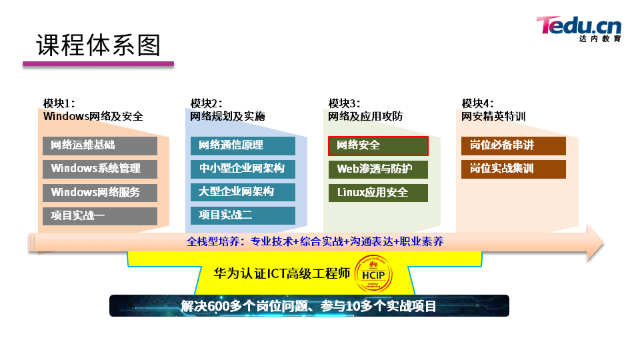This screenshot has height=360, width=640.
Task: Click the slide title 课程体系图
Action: (99, 45)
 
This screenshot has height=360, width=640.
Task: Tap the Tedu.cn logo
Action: (579, 29)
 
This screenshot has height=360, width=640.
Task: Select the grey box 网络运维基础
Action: (100, 146)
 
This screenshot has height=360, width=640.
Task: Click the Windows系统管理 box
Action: (100, 169)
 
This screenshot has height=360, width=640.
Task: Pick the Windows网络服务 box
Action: (100, 193)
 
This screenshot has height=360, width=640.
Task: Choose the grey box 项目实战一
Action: (100, 216)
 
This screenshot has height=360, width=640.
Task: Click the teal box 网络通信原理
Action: (243, 146)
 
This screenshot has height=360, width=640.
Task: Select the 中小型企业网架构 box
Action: (243, 169)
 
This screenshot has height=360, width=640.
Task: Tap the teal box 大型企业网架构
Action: (243, 192)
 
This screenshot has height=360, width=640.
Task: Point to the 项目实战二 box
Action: (243, 215)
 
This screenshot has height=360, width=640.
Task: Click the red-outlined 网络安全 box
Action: (379, 146)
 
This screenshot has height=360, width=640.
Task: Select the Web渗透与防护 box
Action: (379, 169)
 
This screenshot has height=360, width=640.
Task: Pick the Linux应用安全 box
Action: (379, 193)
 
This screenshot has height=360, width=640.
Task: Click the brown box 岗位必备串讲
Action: (513, 146)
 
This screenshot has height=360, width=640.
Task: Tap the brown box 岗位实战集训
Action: (513, 169)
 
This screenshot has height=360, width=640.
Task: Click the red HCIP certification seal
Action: (373, 274)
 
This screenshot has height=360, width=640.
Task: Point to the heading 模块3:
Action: (344, 104)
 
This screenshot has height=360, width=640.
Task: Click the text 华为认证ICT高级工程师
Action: (281, 273)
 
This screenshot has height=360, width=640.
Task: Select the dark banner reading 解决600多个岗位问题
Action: (309, 306)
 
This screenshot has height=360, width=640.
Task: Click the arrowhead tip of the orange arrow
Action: (604, 243)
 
